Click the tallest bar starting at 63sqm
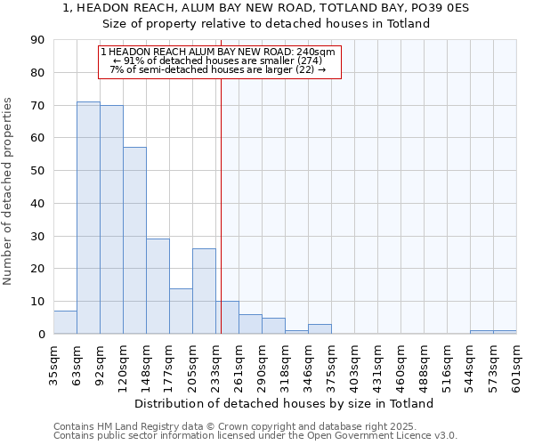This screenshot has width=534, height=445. [x=88, y=218]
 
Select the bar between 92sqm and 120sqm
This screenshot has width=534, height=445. [x=111, y=220]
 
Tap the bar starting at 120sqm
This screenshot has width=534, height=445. [x=134, y=240]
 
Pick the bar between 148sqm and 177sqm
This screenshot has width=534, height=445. [x=158, y=287]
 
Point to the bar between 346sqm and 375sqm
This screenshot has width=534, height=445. [x=320, y=329]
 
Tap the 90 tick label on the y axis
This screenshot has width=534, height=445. [x=37, y=40]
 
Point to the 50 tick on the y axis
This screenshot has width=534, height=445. [x=37, y=171]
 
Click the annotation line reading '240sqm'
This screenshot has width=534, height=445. [x=218, y=53]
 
